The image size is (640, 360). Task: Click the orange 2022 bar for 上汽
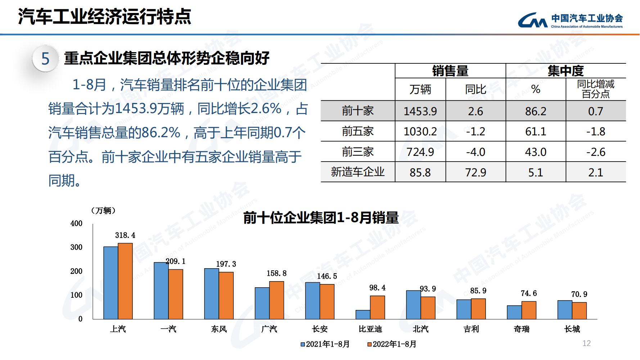pos(125,281)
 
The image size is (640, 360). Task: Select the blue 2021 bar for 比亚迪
pos(363,315)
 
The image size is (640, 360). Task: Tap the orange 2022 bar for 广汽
pos(276,300)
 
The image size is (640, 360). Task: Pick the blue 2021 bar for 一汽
pos(161,291)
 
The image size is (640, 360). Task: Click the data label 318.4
pos(125,235)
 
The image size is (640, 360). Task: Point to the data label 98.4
pos(377,288)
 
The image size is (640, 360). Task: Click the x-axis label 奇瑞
pos(522,329)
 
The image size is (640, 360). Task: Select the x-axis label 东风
pos(219,329)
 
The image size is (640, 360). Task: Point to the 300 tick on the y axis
pos(76,247)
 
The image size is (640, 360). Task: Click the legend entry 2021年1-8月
pos(325,344)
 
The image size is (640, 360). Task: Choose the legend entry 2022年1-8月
pos(392,344)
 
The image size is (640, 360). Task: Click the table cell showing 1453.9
pos(420,111)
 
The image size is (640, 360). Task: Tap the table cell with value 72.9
pos(476,172)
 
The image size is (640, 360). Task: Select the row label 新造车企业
pos(358,172)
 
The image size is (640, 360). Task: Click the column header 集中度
pos(565,71)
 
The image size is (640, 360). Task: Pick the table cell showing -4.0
pos(476,152)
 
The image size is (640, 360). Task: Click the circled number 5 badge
pos(45,59)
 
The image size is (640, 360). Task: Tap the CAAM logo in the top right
pos(570,21)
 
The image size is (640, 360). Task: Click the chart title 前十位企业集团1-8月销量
pos(321,218)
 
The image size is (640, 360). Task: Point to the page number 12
pos(586,343)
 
